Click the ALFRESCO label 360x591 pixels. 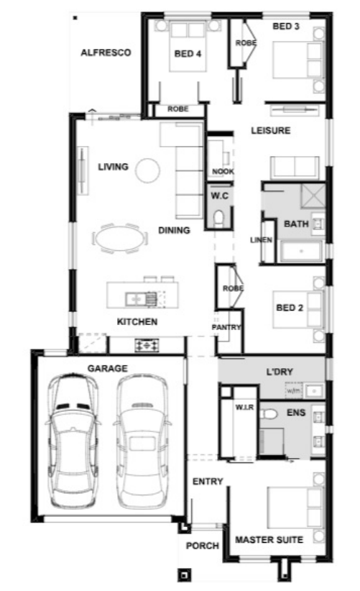pyautogui.click(x=106, y=52)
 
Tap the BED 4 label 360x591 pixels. pyautogui.click(x=188, y=53)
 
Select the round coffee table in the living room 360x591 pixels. pyautogui.click(x=147, y=170)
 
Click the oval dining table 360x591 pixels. pyautogui.click(x=120, y=239)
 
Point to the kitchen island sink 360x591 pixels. pyautogui.click(x=136, y=299)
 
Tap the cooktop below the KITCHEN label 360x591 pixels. pyautogui.click(x=147, y=345)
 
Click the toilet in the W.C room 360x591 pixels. pyautogui.click(x=218, y=219)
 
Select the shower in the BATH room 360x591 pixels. pyautogui.click(x=313, y=196)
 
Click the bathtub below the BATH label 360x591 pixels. pyautogui.click(x=301, y=252)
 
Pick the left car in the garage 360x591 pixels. pyautogui.click(x=73, y=440)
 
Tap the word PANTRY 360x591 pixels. pyautogui.click(x=226, y=327)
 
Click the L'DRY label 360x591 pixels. pyautogui.click(x=280, y=372)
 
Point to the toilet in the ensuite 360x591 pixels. pyautogui.click(x=268, y=414)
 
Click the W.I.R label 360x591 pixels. pyautogui.click(x=244, y=408)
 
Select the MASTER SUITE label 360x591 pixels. pyautogui.click(x=269, y=540)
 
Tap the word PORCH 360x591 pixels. pyautogui.click(x=202, y=546)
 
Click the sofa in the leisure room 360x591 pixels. pyautogui.click(x=295, y=168)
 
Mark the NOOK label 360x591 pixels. pyautogui.click(x=223, y=172)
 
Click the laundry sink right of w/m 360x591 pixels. pyautogui.click(x=314, y=391)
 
